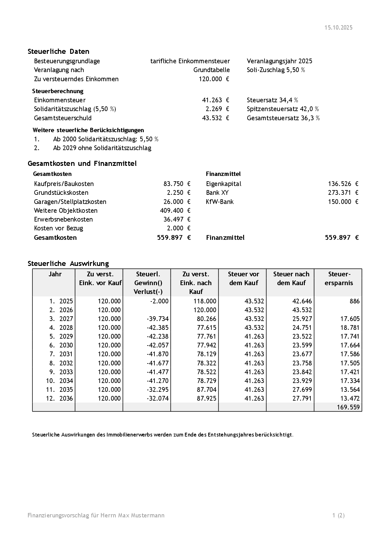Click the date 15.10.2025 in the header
(338, 28)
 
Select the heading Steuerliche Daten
(58, 52)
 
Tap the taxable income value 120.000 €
(214, 79)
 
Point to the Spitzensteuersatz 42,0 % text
(283, 109)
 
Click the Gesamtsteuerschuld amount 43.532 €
(215, 118)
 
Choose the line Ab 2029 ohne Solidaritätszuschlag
(102, 148)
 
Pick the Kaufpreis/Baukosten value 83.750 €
(177, 184)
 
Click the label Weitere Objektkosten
(66, 211)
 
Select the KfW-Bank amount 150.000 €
(343, 202)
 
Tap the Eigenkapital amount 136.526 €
(343, 184)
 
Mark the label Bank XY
(217, 193)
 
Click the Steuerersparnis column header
(339, 279)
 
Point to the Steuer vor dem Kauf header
(243, 279)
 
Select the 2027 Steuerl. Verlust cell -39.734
(158, 319)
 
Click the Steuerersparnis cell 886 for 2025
(354, 301)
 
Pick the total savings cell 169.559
(348, 407)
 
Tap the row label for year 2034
(59, 381)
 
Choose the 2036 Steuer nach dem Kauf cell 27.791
(302, 398)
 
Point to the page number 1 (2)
(338, 515)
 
